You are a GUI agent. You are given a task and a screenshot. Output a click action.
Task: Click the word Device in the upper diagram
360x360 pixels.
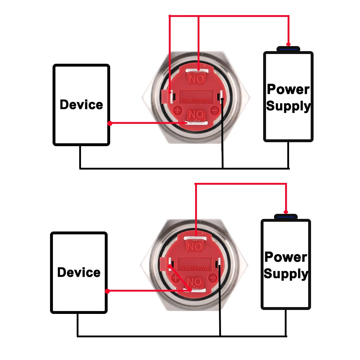(81, 105)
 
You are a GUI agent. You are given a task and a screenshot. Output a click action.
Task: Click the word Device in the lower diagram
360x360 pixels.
(79, 273)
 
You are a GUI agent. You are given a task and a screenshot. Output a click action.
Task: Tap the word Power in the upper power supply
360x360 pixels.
(288, 89)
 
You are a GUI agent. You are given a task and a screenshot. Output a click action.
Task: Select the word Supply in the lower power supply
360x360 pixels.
(286, 274)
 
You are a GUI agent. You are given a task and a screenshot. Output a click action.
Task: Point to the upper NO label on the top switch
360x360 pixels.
(197, 78)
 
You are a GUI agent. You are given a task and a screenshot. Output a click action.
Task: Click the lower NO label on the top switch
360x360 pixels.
(197, 115)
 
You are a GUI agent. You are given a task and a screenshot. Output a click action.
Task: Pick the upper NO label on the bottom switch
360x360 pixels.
(194, 246)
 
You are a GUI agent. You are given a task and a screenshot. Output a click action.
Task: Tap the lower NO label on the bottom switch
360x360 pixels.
(195, 282)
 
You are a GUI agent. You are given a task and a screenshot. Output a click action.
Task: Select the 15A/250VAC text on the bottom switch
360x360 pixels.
(194, 269)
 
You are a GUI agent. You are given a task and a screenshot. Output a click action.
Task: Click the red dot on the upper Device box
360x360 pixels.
(109, 123)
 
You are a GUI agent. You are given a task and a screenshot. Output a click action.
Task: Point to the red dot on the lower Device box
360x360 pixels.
(107, 291)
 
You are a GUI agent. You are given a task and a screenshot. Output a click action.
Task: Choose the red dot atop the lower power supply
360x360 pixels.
(286, 212)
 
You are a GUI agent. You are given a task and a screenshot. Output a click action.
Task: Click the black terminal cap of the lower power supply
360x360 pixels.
(286, 217)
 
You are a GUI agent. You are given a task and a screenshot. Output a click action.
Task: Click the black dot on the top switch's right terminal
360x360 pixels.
(223, 99)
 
